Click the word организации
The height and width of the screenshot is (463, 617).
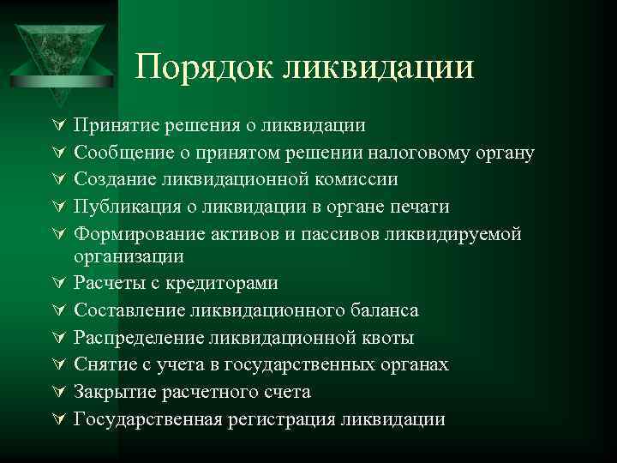point(129,256)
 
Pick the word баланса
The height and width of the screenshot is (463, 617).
point(383,310)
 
